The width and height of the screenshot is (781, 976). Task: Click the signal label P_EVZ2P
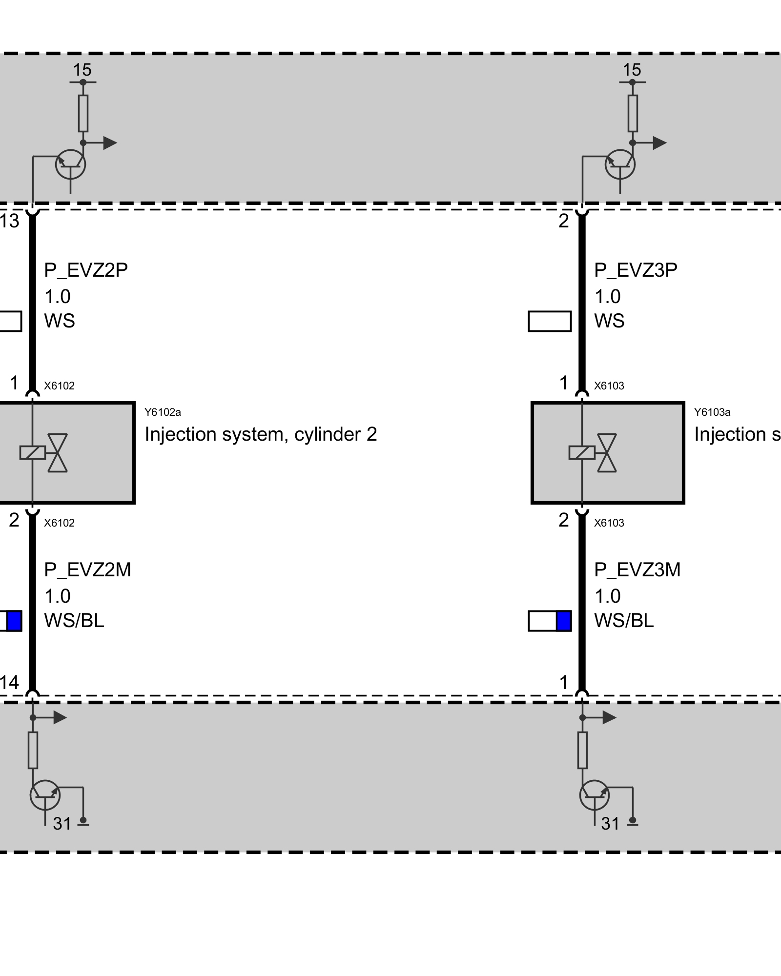86,270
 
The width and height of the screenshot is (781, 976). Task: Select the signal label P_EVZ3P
636,270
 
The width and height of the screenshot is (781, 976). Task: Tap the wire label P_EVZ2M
87,569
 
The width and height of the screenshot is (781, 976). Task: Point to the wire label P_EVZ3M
637,569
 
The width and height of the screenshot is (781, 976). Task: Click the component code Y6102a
163,412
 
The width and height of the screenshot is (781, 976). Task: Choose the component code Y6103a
712,412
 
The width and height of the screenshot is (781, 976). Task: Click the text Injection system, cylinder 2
261,434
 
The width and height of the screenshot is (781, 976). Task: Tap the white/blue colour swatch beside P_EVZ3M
550,621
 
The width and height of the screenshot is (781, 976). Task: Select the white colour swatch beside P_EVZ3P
550,321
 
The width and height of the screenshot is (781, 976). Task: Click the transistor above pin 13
71,164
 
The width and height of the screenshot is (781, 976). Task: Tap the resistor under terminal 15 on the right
633,113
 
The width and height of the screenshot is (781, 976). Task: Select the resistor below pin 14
33,750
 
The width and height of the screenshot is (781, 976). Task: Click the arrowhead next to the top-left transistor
110,143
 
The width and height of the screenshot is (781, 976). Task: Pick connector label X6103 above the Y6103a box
609,386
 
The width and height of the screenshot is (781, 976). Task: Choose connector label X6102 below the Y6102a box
59,523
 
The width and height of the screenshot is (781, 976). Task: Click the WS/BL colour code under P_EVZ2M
74,621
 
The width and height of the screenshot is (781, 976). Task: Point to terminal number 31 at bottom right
610,824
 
